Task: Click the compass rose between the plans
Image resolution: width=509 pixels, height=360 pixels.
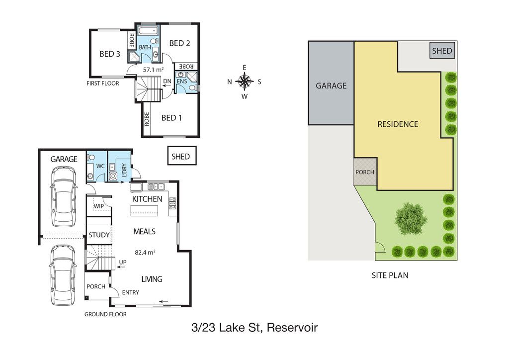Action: click(245, 81)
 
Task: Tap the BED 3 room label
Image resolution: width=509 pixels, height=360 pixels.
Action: click(110, 54)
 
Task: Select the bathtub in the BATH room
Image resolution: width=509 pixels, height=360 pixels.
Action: click(148, 31)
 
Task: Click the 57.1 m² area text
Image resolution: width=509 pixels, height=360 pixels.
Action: click(153, 70)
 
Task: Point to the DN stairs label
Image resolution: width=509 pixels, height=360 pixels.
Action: click(167, 81)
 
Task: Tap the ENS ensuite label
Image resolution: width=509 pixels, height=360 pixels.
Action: click(182, 81)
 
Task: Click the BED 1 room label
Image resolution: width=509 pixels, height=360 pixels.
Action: click(171, 118)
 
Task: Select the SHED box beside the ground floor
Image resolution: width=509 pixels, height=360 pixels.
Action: click(182, 156)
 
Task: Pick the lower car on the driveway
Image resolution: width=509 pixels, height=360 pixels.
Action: click(63, 275)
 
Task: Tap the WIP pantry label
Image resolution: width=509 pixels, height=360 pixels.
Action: click(99, 206)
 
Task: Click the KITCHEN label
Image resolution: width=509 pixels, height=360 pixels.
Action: click(147, 199)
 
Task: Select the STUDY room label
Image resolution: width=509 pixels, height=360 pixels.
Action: click(99, 235)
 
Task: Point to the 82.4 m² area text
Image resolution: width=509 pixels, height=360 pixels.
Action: click(145, 252)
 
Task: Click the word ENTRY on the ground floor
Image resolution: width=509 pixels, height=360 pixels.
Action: click(131, 292)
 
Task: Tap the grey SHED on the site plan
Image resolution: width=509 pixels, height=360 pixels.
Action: click(442, 51)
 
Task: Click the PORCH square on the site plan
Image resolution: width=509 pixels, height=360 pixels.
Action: click(365, 172)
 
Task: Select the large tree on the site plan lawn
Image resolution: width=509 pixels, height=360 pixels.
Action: click(410, 218)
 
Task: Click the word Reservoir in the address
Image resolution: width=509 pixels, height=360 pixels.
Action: click(292, 328)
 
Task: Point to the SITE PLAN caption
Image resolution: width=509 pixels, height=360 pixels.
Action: click(390, 275)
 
